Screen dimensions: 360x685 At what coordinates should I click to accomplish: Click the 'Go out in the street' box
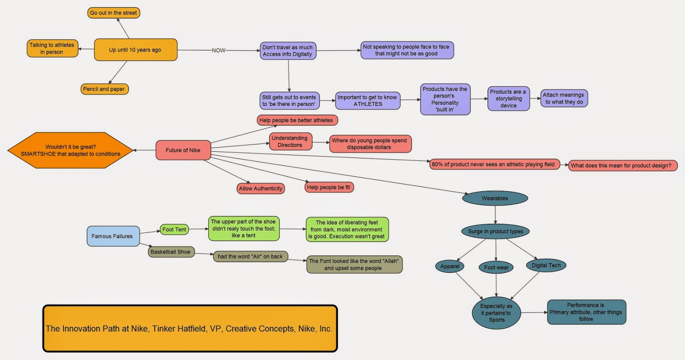coord(113,13)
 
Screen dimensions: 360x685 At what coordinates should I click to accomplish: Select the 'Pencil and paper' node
coord(104,89)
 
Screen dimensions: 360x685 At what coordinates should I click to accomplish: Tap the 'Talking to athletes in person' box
coord(52,48)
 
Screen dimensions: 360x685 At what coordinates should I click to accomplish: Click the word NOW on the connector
coord(218,51)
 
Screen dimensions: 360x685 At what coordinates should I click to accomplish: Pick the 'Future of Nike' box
coord(183,150)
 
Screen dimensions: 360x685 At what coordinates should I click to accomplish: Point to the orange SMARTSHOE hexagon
coord(71,150)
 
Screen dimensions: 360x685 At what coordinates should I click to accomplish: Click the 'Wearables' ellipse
coord(495,198)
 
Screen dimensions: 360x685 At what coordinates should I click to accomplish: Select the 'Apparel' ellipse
coord(450,266)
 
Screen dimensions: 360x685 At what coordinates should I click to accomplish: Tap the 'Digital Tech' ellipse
coord(546,265)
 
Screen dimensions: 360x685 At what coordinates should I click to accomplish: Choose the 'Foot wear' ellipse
coord(496,268)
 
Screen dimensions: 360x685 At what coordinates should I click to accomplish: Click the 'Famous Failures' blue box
coord(113,236)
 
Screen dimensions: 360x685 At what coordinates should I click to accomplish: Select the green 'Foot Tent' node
coord(174,229)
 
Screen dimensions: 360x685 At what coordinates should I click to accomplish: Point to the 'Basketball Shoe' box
coord(171,252)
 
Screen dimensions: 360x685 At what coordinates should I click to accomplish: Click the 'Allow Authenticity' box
coord(261,188)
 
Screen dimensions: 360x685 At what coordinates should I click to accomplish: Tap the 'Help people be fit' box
coord(328,187)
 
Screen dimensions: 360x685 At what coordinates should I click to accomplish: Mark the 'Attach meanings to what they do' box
coord(563,98)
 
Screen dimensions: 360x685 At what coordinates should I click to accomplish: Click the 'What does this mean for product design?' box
coord(622,166)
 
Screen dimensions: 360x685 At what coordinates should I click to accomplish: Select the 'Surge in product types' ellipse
coord(495,232)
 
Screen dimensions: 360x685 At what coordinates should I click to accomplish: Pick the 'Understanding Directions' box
coord(290,142)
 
